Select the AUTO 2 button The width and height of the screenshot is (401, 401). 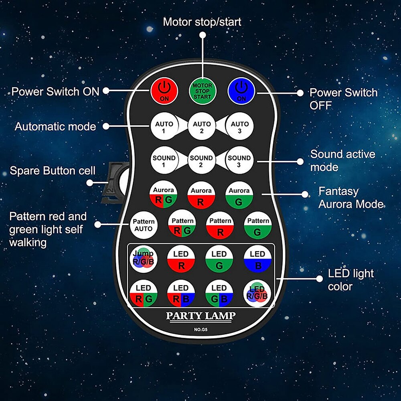(202, 127)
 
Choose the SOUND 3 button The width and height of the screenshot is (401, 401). (239, 161)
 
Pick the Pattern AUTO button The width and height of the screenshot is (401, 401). (143, 225)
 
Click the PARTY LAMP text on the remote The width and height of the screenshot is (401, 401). (201, 316)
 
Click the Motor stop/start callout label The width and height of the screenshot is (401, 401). (202, 22)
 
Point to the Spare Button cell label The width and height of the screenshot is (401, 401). (53, 171)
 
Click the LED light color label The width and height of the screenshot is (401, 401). (345, 280)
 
